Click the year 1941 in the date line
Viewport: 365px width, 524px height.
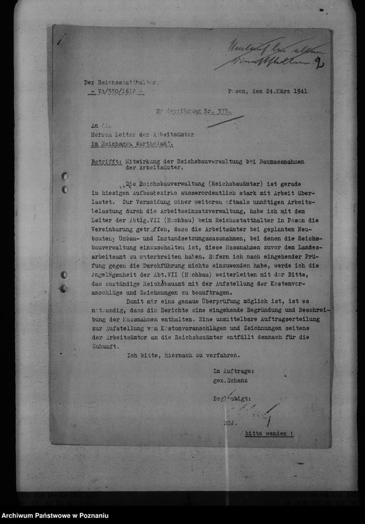299,91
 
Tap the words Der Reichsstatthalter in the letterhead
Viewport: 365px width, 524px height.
121,82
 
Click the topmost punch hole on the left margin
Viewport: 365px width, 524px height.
64,177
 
